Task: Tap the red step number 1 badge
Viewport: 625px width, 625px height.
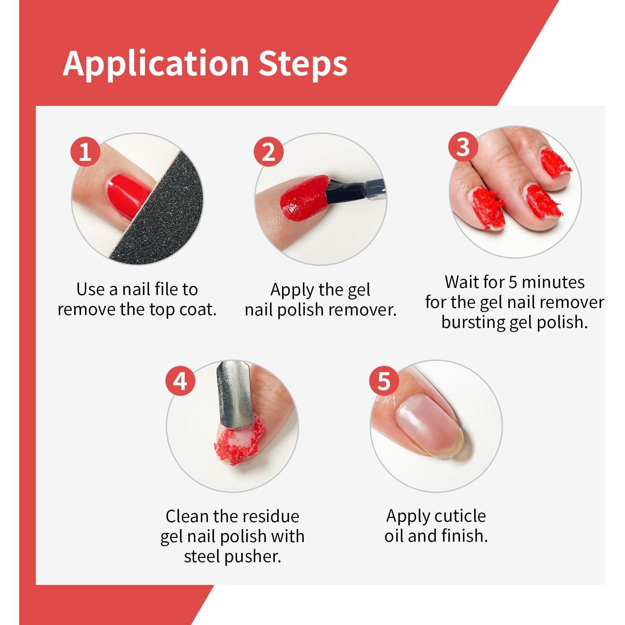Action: (85, 152)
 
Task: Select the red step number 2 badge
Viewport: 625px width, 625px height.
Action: (269, 152)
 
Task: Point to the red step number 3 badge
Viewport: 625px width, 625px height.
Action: (463, 147)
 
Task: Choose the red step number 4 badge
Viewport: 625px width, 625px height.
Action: (180, 381)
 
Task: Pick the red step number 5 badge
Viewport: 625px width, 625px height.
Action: (384, 381)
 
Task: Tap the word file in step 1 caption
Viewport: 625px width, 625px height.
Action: (166, 289)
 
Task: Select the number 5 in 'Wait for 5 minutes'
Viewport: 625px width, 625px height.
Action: (513, 282)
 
